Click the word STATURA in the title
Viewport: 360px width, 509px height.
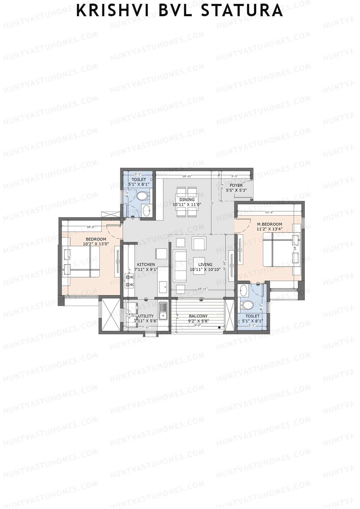[242, 11]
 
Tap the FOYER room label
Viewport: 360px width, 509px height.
[236, 185]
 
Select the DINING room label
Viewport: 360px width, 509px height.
[187, 199]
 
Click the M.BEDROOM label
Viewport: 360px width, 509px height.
[269, 224]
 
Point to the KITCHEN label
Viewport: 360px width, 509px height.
[146, 265]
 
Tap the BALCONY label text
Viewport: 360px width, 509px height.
[198, 316]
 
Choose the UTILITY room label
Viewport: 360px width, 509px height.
[146, 316]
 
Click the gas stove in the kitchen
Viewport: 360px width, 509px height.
[129, 280]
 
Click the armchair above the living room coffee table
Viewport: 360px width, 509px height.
[199, 244]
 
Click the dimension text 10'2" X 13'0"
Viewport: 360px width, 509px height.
[96, 244]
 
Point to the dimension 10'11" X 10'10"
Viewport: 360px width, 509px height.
[205, 269]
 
